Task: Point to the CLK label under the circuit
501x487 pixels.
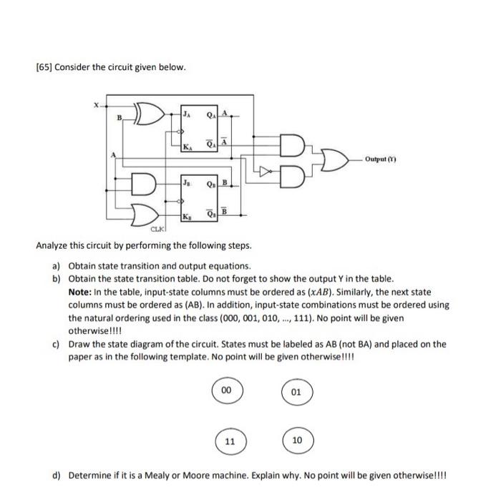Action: (156, 229)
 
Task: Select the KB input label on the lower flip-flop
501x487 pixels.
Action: (187, 216)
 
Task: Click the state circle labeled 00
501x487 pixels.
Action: (227, 391)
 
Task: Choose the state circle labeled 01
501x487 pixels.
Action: (296, 391)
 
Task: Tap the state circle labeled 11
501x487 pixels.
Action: (230, 441)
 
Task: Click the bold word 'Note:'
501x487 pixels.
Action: (81, 292)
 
